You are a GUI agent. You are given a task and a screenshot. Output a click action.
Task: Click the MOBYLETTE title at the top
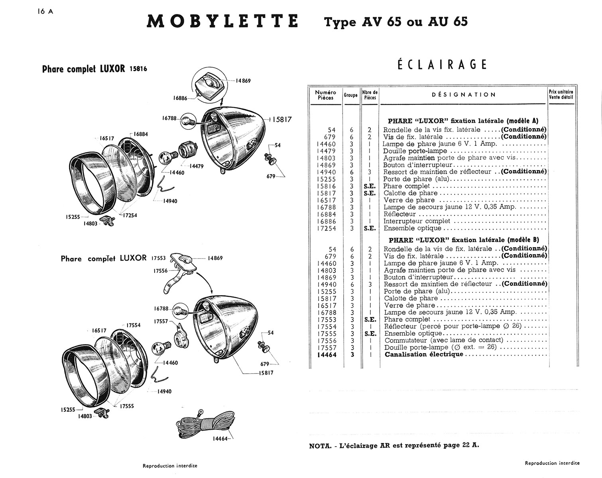[x=222, y=22]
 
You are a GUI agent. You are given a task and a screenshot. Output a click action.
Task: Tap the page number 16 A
[x=43, y=11]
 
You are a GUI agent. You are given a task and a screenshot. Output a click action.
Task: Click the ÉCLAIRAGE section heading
[x=442, y=65]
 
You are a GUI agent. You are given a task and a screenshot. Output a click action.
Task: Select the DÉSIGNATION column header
[x=464, y=95]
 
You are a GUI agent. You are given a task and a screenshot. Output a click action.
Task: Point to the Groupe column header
[x=351, y=95]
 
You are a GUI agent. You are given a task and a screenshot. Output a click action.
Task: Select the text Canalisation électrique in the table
[x=424, y=355]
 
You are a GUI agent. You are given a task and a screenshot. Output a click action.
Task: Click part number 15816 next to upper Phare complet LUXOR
[x=138, y=69]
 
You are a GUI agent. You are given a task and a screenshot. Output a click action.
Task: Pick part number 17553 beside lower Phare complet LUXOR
[x=158, y=258]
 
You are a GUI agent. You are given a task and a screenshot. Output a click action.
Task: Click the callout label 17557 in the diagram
[x=162, y=321]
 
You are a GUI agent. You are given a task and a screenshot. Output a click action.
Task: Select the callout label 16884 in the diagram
[x=140, y=134]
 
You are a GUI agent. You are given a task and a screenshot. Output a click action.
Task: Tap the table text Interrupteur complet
[x=417, y=221]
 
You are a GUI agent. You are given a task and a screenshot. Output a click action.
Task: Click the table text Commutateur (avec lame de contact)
[x=444, y=340]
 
